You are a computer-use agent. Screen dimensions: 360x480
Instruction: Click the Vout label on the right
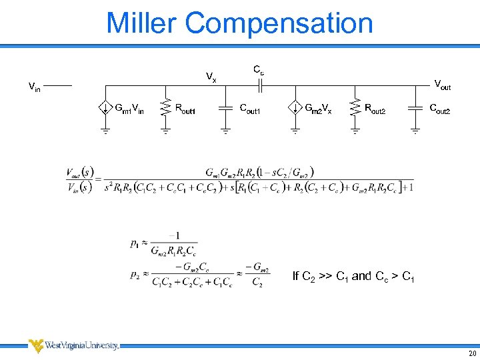point(442,85)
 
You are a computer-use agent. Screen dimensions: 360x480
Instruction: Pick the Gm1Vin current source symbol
point(105,108)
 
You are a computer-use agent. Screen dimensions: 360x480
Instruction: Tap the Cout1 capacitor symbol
point(225,108)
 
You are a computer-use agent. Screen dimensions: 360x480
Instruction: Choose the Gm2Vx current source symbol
point(295,108)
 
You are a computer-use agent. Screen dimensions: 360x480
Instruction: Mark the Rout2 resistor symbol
point(355,108)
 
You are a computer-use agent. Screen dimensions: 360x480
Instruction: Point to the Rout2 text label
point(375,108)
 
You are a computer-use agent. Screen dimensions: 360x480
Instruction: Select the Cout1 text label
point(251,108)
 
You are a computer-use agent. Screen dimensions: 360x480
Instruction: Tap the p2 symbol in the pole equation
point(135,275)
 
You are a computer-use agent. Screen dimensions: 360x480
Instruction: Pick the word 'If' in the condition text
point(296,276)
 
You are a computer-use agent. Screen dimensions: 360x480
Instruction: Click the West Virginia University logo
point(73,345)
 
